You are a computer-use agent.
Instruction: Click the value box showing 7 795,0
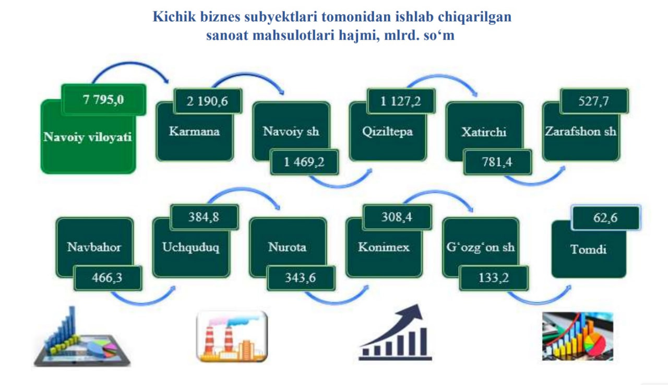[x=104, y=100]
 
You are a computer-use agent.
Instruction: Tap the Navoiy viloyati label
[x=87, y=137]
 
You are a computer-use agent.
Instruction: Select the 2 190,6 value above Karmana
[x=208, y=101]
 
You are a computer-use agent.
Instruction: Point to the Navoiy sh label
[x=291, y=131]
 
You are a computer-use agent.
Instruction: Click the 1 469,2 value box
[x=304, y=162]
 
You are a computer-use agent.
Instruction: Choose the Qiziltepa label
[x=387, y=132]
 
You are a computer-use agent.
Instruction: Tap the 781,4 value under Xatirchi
[x=497, y=162]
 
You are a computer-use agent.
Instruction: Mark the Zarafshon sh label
[x=581, y=132]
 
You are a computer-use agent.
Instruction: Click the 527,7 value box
[x=594, y=101]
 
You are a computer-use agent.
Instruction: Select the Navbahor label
[x=94, y=247]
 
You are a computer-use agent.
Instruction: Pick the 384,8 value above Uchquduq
[x=204, y=217]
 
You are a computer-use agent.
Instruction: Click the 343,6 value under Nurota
[x=301, y=278]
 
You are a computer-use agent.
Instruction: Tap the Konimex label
[x=384, y=247]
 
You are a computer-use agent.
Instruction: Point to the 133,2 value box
[x=494, y=278]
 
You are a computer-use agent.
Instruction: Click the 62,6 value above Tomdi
[x=606, y=217]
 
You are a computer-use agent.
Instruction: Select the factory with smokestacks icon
[x=232, y=336]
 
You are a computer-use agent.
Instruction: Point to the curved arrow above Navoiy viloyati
[x=130, y=63]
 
